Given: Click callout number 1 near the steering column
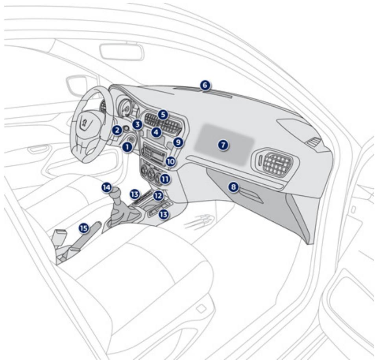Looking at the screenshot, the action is (x=127, y=147).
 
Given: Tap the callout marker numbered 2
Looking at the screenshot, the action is (x=117, y=130).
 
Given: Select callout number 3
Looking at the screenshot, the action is (x=137, y=124).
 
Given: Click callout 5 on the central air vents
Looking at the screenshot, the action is (x=163, y=115).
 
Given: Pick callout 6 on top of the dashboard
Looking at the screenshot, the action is (x=205, y=85).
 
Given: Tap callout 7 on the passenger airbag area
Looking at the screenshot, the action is (x=223, y=145).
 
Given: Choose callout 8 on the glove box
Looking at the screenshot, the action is (x=233, y=186).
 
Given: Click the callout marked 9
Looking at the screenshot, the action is (x=178, y=143).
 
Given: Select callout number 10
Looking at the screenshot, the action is (x=171, y=161).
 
